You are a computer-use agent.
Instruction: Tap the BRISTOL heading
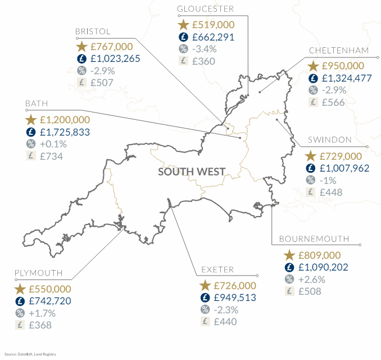point(93,31)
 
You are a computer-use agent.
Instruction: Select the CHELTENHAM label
point(339,51)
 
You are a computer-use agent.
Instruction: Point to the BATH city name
point(37,104)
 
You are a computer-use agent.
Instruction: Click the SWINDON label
point(330,139)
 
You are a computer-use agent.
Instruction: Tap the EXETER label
point(219,270)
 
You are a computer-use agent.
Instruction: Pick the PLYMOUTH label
point(38,273)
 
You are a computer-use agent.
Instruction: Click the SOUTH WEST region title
point(192,172)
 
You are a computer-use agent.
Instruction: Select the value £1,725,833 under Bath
point(65,132)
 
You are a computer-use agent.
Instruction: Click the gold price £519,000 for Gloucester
point(213,25)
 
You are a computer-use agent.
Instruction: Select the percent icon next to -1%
point(310,180)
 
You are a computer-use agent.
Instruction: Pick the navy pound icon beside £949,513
point(205,298)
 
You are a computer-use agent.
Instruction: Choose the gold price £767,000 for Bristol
point(112,46)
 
